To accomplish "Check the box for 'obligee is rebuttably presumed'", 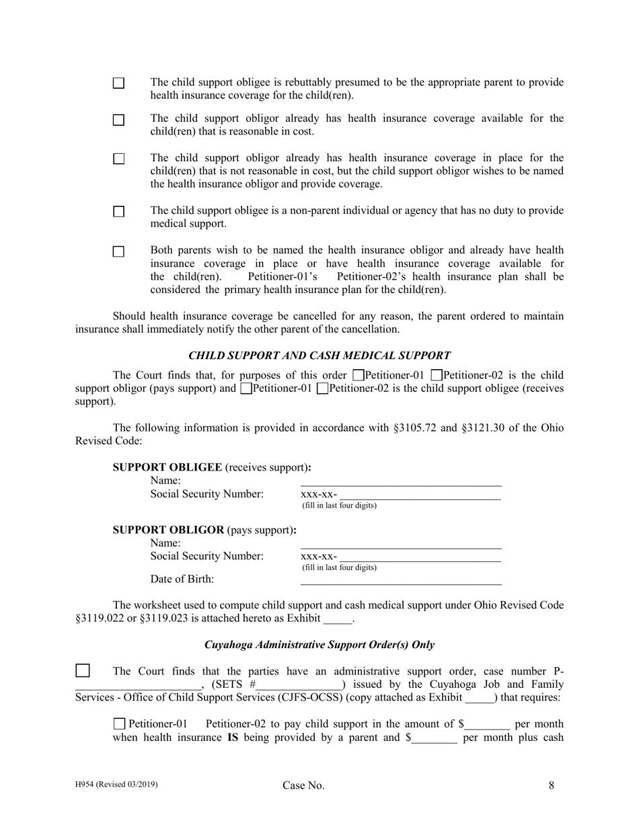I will point(118,83).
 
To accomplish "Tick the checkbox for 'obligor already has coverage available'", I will point(118,120).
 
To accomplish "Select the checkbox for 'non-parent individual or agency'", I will point(118,212).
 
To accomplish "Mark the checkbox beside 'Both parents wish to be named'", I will point(118,251).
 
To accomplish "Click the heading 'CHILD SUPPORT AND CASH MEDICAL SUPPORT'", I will point(319,356).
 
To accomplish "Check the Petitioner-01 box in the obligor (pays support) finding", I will point(359,375).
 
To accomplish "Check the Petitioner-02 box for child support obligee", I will point(322,389).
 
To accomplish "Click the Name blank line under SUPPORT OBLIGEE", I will point(400,482).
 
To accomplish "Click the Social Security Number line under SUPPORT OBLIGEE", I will point(420,496).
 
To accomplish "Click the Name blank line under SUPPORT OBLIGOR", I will point(400,545).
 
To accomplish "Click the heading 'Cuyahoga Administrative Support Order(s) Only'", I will point(319,645).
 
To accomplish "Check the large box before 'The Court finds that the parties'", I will point(82,670).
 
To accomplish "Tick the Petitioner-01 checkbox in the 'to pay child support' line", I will point(120,724).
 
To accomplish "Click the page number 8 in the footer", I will point(552,785).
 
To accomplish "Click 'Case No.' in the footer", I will point(303,785).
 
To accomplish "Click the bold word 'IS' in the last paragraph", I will point(234,738).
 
